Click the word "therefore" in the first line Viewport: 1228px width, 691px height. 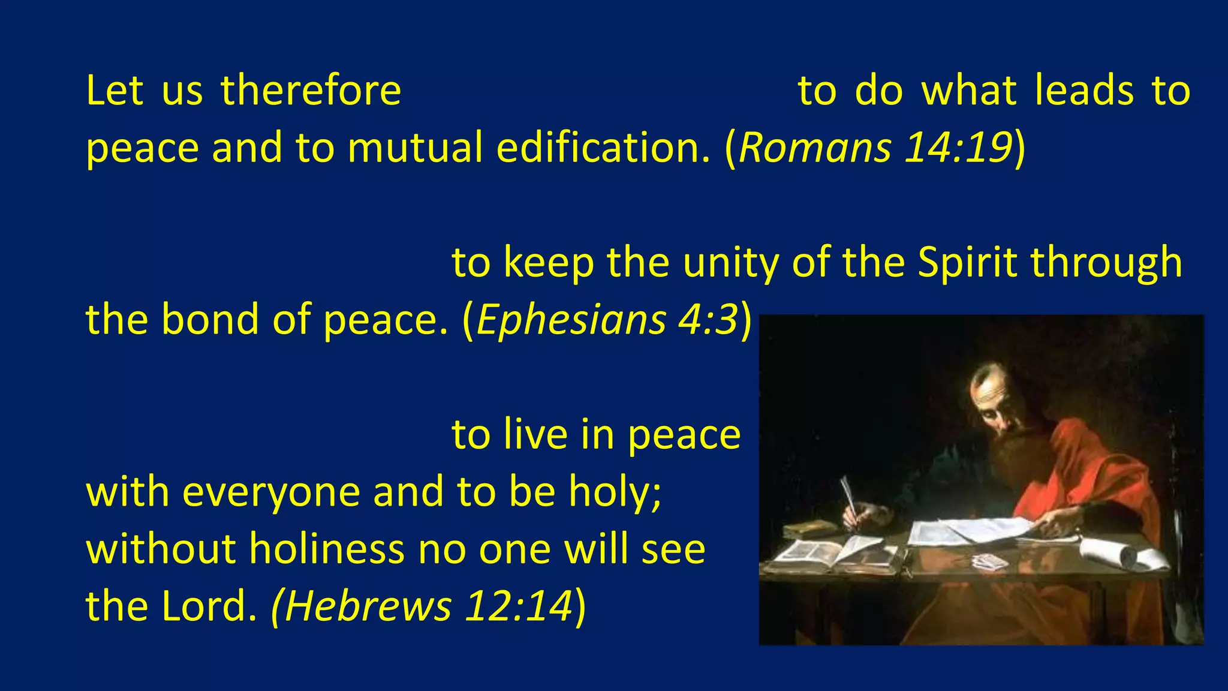point(311,91)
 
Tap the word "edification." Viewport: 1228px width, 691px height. point(603,148)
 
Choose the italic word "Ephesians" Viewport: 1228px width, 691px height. point(571,319)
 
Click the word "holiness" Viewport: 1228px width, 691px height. point(327,548)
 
